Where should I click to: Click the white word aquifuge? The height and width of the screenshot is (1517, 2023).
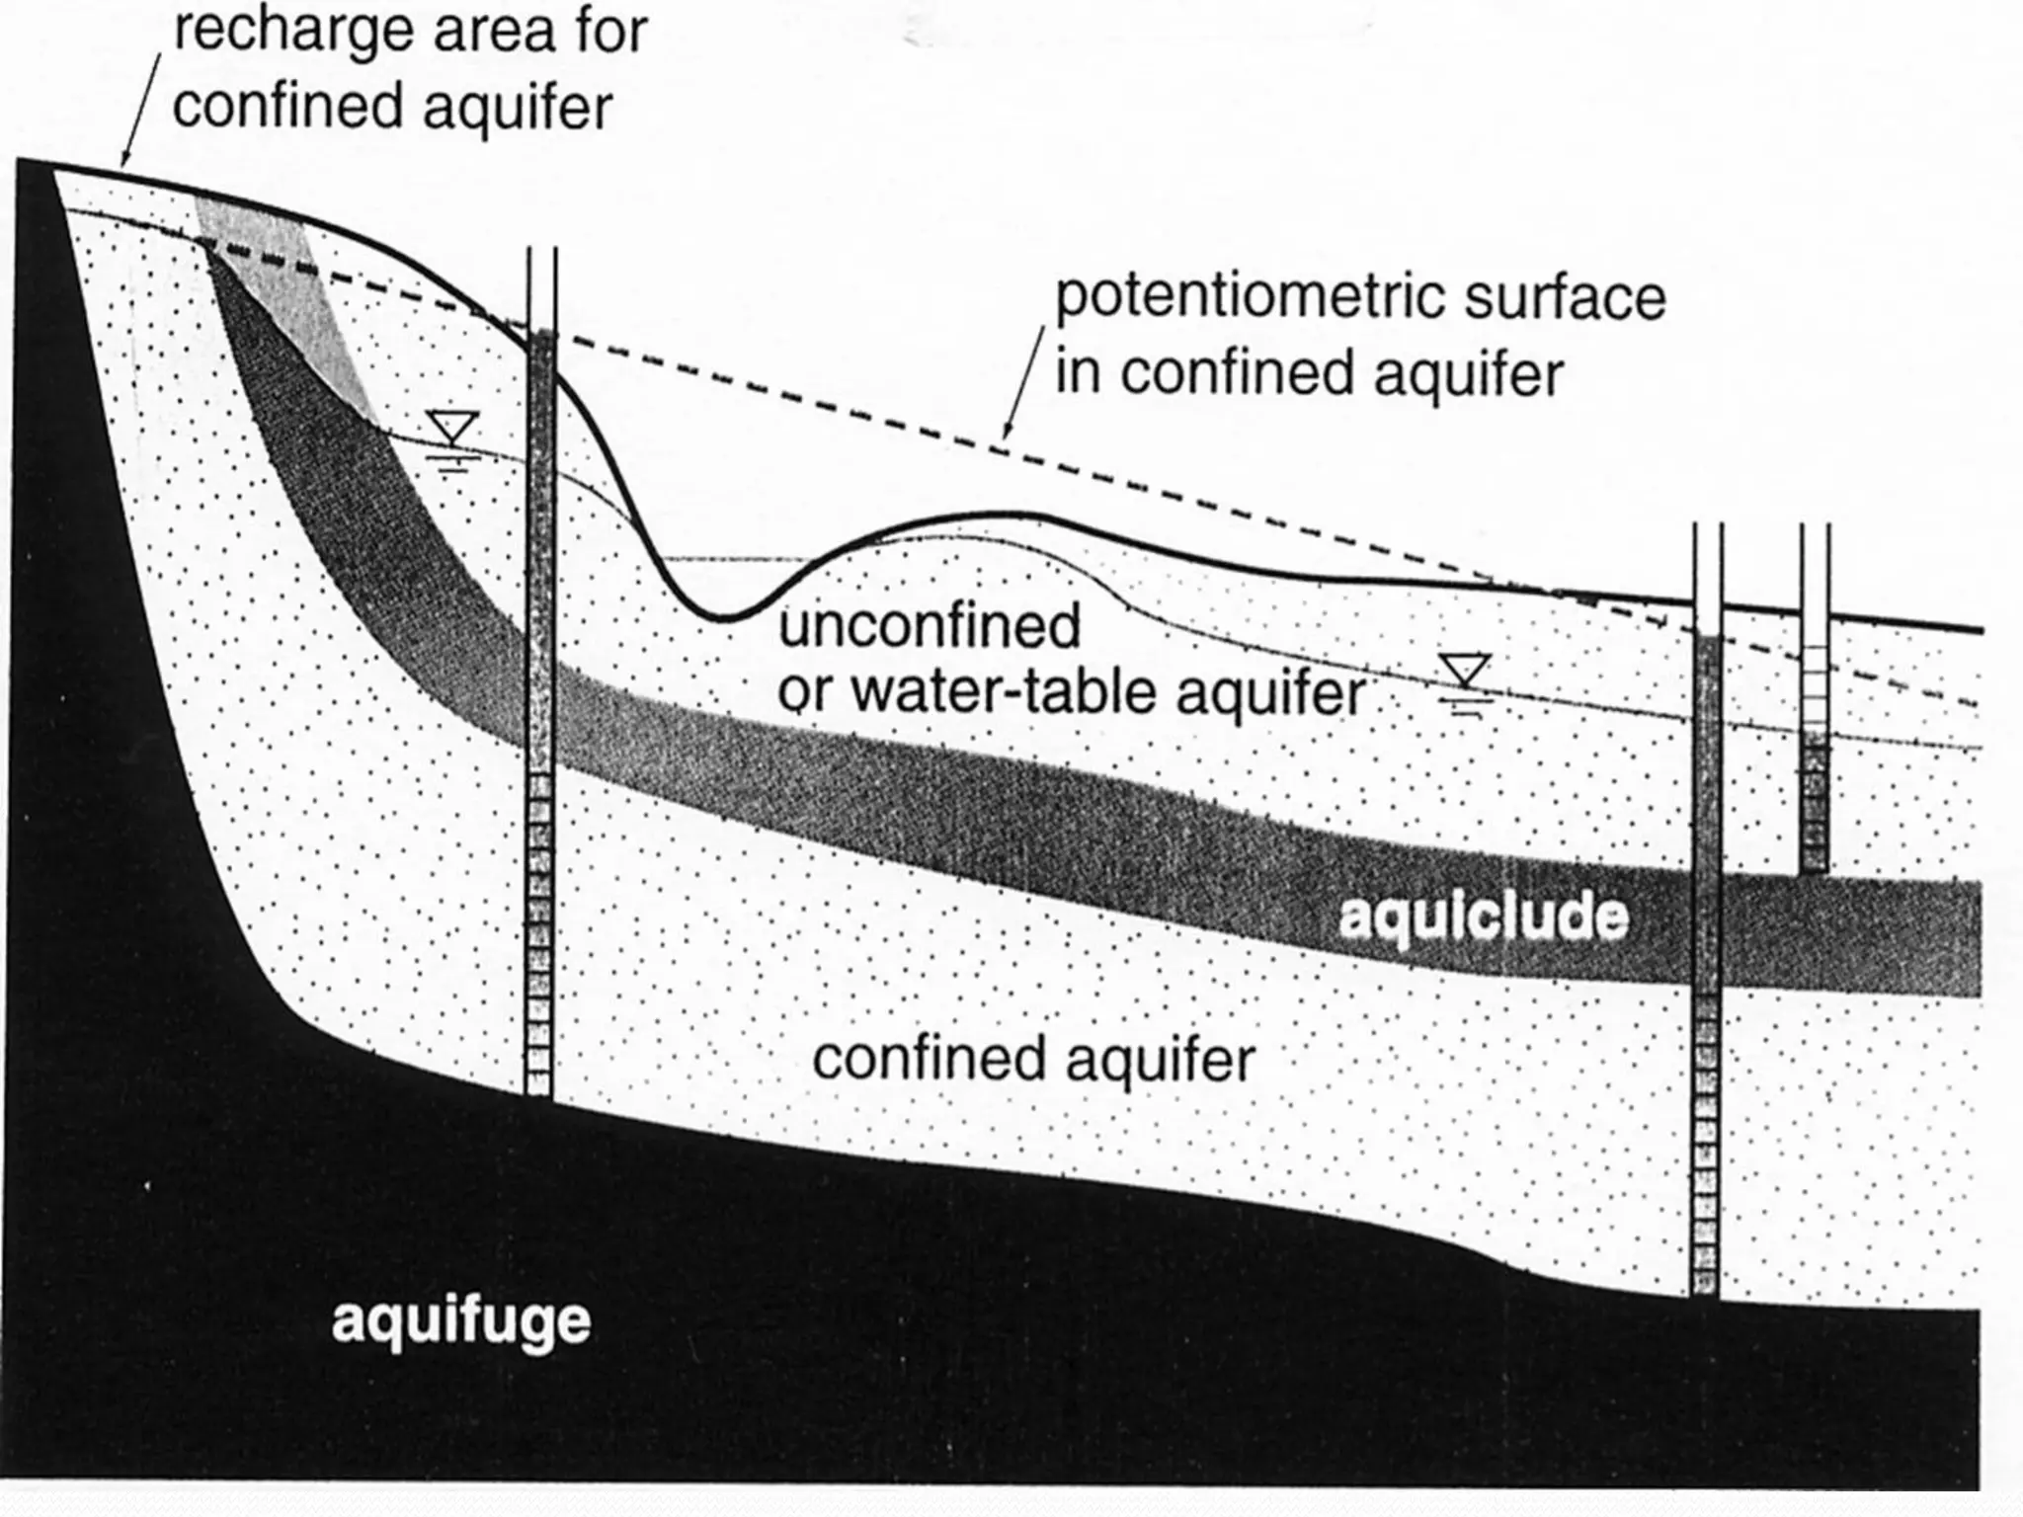coord(460,1321)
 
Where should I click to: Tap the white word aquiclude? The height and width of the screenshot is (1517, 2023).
coord(1483,917)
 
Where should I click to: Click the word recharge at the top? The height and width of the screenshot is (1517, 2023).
coord(292,33)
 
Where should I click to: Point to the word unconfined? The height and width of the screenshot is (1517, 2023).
coord(930,626)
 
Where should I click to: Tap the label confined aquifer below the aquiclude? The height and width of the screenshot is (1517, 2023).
coord(1033,1060)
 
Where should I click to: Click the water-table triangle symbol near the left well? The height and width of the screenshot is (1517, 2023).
coord(453,428)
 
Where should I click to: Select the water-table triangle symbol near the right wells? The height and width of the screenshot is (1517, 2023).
coord(1464,670)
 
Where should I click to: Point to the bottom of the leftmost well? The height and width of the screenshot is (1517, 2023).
coord(539,1091)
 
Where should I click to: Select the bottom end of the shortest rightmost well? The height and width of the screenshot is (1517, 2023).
coord(1815,869)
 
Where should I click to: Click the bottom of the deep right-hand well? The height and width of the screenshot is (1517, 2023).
coord(1706,1292)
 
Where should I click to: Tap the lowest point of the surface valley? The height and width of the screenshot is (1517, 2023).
coord(724,619)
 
